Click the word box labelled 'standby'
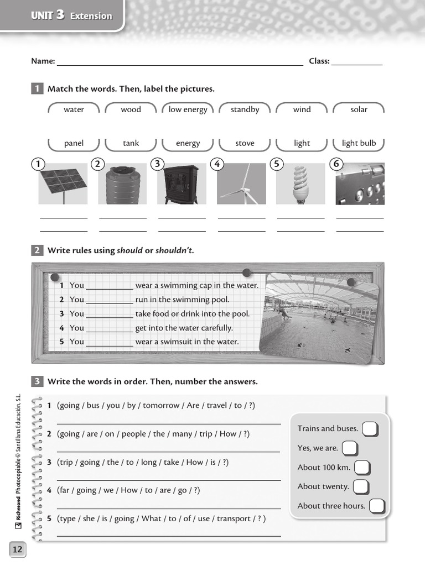245,109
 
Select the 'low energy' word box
188,109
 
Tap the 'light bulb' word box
359,143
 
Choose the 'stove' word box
245,143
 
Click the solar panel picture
63,184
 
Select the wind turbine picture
241,184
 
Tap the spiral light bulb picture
300,184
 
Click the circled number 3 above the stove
158,164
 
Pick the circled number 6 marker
336,164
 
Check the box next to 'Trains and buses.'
370,429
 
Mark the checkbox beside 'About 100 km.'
362,468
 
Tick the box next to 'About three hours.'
376,506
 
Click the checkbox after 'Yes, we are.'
350,448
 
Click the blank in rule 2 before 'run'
110,300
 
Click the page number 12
17,549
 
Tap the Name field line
180,62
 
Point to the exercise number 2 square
37,250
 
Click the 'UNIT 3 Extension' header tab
71,16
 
